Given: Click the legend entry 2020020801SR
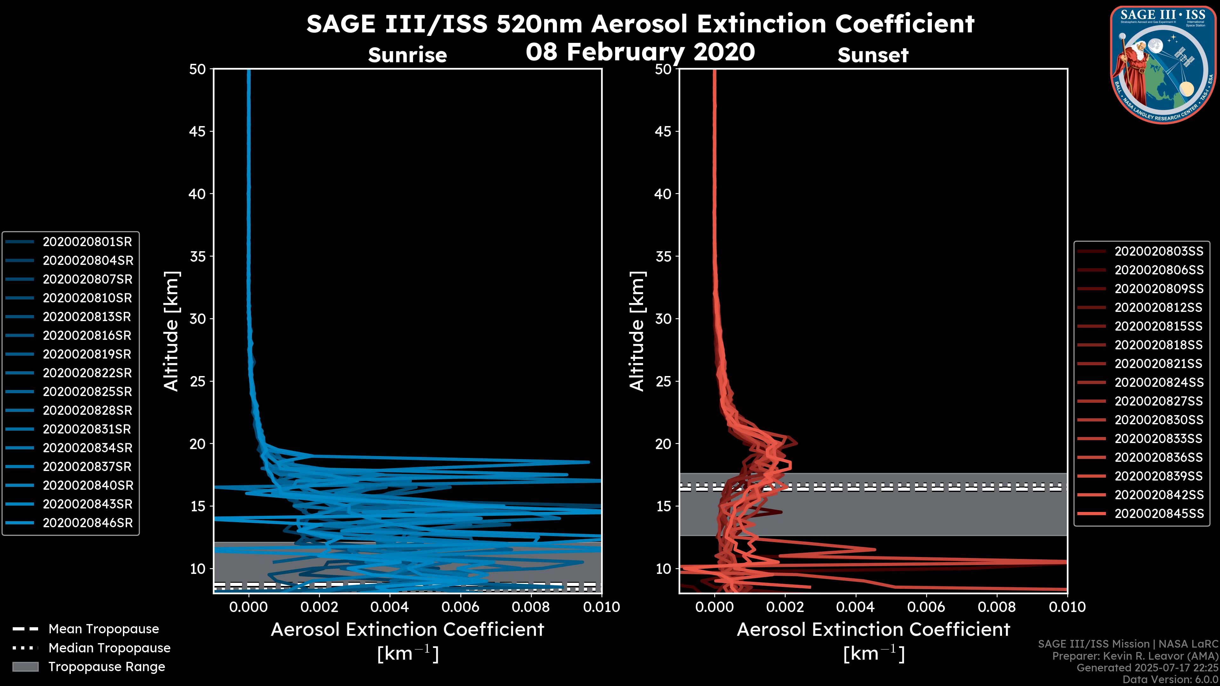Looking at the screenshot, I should [x=87, y=242].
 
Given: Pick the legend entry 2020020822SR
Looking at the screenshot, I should [x=87, y=373].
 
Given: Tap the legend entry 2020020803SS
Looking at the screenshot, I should [x=1158, y=252].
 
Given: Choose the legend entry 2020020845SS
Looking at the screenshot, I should [x=1158, y=514].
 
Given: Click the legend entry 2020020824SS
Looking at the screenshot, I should [x=1158, y=382].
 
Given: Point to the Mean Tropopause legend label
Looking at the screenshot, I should [x=104, y=629].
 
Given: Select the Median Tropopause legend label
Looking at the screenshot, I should [x=109, y=648].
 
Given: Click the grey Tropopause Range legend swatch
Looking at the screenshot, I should [x=25, y=667].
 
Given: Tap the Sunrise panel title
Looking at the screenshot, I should [x=407, y=55].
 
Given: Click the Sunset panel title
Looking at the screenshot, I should [x=873, y=55].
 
